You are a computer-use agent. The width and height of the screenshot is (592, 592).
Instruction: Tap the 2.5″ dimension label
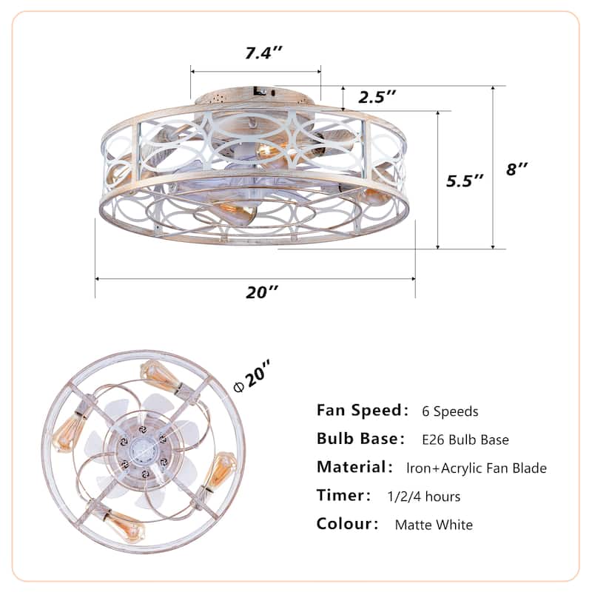[x=377, y=96]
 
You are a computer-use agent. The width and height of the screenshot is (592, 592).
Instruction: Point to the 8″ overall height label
[x=517, y=169]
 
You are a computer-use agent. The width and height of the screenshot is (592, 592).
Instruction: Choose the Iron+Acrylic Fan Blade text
[x=477, y=468]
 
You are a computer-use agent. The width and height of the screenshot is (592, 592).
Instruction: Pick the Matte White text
[x=434, y=525]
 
